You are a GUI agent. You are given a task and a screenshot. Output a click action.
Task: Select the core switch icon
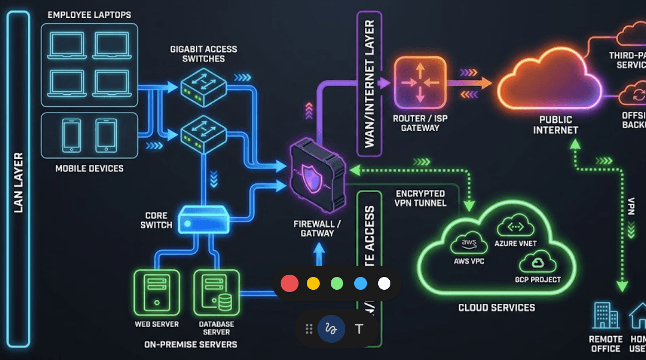coord(203,220)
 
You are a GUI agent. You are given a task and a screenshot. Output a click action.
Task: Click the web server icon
coord(156,293)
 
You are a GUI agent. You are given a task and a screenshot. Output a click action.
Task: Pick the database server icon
coord(216,293)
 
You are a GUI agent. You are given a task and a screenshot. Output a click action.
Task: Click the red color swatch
coord(289,284)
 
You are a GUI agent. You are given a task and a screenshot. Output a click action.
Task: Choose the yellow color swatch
coord(313,284)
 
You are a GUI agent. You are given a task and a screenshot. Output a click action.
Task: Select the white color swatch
coord(384,284)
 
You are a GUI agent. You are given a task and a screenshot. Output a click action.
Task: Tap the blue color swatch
coord(360,284)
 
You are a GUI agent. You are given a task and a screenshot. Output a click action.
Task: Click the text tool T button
coord(359,329)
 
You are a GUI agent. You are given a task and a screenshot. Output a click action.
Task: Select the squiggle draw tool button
coord(332,329)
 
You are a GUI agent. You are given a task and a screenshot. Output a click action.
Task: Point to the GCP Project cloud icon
coord(537,262)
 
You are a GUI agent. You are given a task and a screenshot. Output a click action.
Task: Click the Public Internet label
coord(555,125)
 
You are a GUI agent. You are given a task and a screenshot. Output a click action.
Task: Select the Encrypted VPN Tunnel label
coord(420,198)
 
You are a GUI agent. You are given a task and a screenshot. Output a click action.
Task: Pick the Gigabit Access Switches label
coord(203,54)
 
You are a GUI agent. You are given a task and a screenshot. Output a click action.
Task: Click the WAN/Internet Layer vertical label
coord(369,84)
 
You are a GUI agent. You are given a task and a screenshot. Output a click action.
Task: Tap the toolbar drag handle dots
coord(309,329)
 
